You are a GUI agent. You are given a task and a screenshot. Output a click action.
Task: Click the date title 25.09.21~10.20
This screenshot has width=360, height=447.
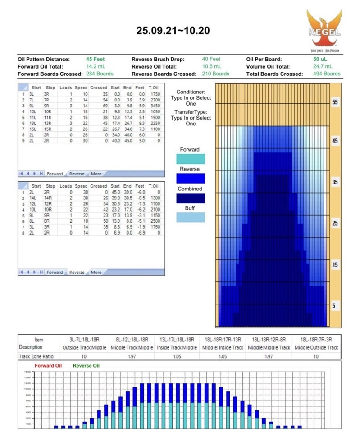click(173, 31)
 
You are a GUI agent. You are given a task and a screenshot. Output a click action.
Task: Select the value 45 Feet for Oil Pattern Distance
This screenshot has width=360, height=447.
click(96, 59)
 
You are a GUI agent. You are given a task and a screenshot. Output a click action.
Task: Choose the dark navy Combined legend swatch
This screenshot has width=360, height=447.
click(191, 198)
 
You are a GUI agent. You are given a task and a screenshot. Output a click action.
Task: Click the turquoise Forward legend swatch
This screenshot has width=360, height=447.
click(191, 159)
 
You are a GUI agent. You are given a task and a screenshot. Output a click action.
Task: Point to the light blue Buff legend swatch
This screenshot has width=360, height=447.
click(191, 217)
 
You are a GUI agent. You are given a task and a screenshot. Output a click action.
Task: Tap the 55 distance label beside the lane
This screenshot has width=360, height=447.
click(335, 102)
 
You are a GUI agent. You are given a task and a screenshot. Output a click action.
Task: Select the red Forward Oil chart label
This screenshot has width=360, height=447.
click(48, 366)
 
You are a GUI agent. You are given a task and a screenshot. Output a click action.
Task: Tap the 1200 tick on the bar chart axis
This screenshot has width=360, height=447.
click(27, 383)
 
